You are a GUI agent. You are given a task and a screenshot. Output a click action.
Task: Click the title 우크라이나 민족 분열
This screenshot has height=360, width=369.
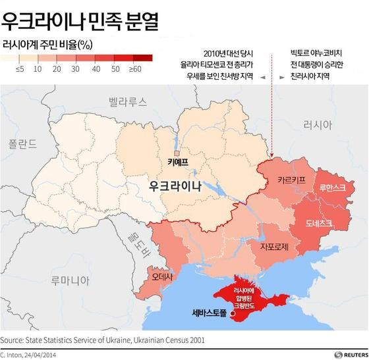pyautogui.click(x=80, y=22)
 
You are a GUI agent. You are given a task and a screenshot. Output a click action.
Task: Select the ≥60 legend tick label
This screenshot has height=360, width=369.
pyautogui.click(x=136, y=68)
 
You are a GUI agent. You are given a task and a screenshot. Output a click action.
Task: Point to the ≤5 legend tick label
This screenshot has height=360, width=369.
pyautogui.click(x=20, y=68)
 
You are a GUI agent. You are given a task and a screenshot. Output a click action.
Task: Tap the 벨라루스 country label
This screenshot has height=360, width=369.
pyautogui.click(x=128, y=102)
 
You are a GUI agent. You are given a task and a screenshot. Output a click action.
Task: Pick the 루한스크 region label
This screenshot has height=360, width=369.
pyautogui.click(x=332, y=188)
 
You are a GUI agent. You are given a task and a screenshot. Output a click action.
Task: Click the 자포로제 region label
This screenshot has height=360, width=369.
pyautogui.click(x=276, y=247)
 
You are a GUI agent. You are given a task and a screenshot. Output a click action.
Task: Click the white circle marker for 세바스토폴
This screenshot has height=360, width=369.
pyautogui.click(x=232, y=314)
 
